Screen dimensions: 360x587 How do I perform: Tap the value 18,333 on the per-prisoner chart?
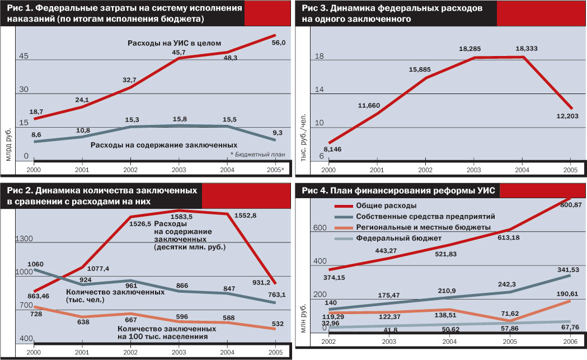pos(524,49)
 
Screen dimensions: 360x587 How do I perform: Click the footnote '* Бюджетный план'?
pos(258,154)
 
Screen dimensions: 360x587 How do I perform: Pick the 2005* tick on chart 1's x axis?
pos(274,170)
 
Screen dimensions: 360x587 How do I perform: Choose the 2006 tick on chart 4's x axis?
pos(570,342)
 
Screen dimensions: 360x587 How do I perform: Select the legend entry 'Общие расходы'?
pos(382,205)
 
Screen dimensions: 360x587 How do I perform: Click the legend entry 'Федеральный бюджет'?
pos(390,237)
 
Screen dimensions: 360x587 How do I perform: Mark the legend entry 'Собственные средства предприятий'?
pos(417,216)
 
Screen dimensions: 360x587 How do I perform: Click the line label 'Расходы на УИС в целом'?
pos(175,43)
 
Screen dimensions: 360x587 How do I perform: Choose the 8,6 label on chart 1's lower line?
pos(35,134)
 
